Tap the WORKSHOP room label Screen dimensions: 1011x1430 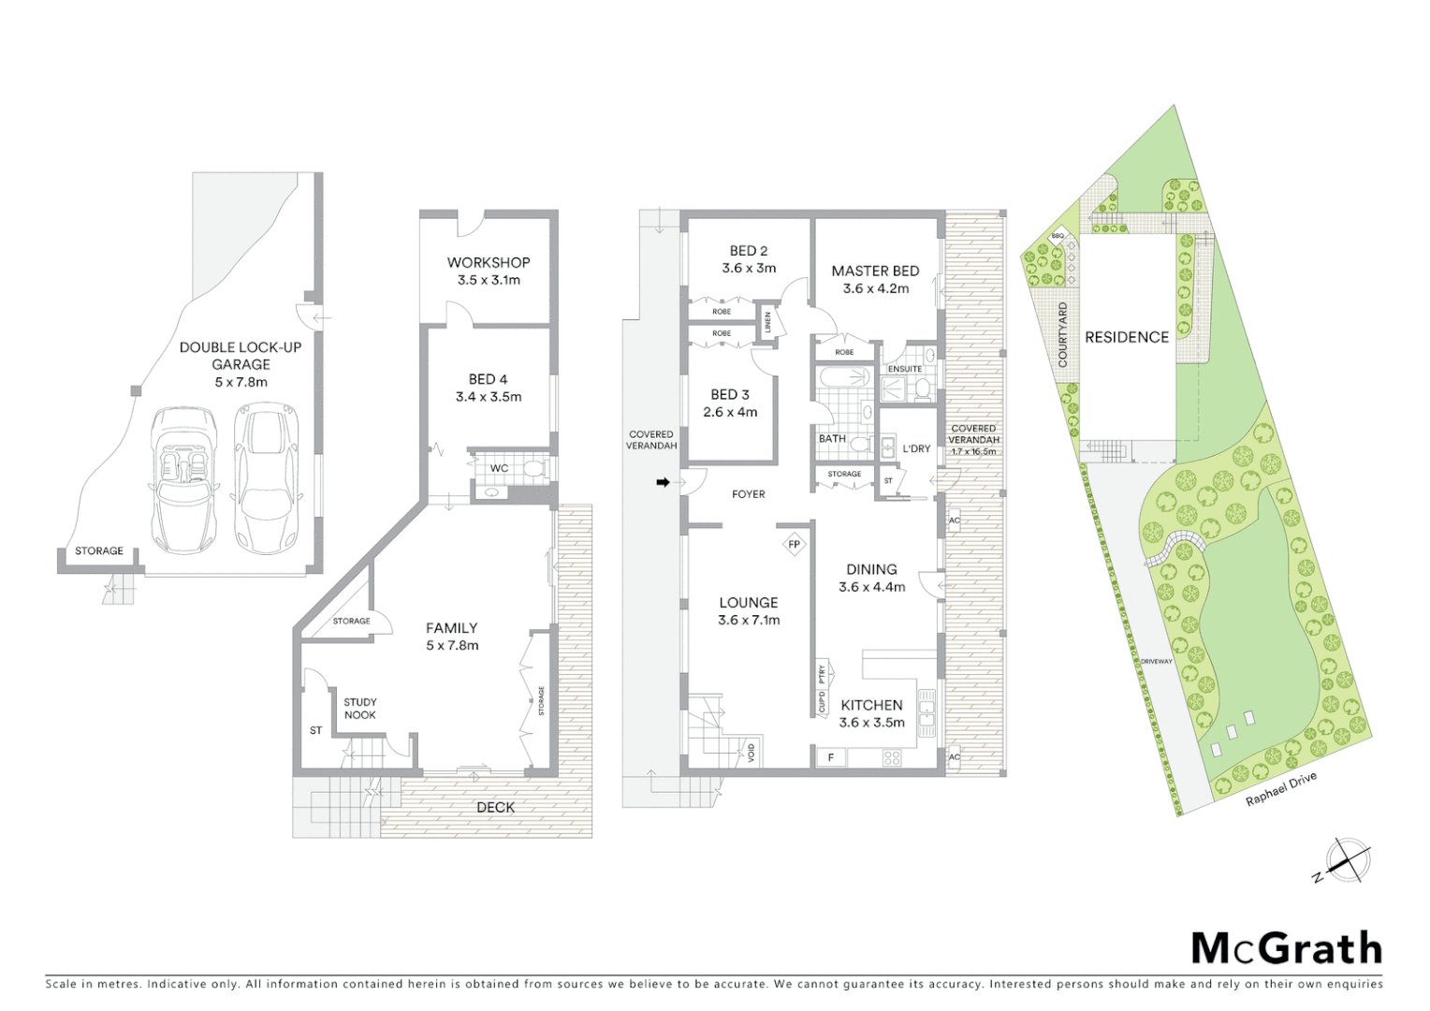(489, 263)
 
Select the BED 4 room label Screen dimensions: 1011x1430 (489, 379)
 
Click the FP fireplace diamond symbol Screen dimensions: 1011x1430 (794, 544)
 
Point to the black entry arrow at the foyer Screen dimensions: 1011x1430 (663, 482)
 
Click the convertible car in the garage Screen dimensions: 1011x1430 (183, 479)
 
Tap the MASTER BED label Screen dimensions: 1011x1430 (875, 271)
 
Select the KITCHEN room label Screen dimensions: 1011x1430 (871, 706)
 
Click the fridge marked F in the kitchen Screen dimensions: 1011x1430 (830, 756)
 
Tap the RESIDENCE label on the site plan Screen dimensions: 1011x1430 (1127, 337)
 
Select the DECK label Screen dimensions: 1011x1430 (495, 807)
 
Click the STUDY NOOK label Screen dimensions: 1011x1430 (360, 709)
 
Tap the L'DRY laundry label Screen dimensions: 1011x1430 (916, 448)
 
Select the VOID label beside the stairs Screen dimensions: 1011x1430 (751, 752)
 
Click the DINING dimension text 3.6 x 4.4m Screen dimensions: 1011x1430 (871, 587)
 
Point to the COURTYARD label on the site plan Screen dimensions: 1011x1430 (1062, 334)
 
